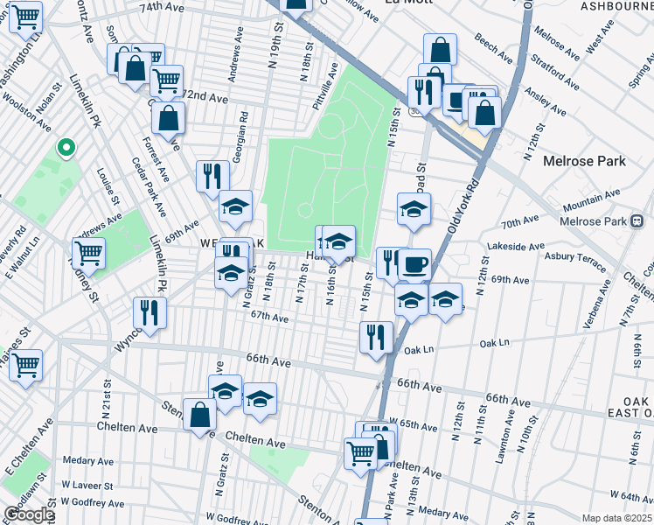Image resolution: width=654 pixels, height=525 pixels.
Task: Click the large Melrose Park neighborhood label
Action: pos(584,161)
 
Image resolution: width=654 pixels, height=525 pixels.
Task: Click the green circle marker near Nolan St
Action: pos(64,148)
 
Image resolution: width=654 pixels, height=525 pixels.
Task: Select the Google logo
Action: pos(29,514)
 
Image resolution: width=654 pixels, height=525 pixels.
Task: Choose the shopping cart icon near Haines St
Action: pos(25,364)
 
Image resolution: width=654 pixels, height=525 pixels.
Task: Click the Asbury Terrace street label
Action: pos(575,259)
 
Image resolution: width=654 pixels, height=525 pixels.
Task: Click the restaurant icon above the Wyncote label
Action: pos(150,312)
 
